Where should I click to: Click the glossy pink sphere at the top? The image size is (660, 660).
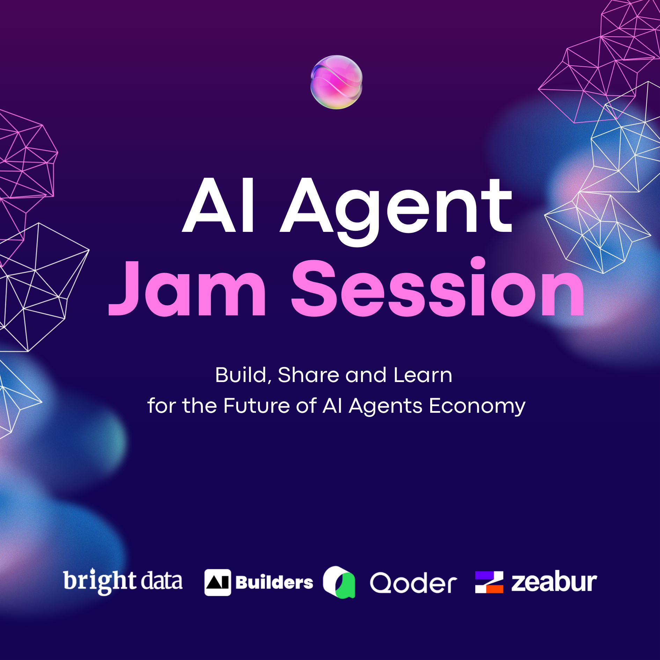click(x=336, y=82)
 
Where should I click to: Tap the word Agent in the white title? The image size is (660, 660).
click(x=396, y=211)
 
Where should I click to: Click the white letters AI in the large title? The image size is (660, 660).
click(x=219, y=205)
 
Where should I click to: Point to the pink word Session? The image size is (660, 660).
click(x=438, y=286)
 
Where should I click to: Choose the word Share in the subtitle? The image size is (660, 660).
click(x=308, y=375)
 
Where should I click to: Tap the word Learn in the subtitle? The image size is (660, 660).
click(x=423, y=375)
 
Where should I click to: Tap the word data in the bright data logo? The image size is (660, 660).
click(x=161, y=580)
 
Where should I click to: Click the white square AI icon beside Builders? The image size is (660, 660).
click(x=218, y=582)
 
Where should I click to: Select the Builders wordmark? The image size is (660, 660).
click(x=274, y=582)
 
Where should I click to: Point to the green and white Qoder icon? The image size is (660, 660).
click(x=339, y=582)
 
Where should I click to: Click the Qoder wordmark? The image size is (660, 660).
click(x=413, y=583)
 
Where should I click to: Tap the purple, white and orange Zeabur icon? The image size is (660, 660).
click(x=489, y=582)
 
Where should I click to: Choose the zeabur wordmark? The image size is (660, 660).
click(x=554, y=582)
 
